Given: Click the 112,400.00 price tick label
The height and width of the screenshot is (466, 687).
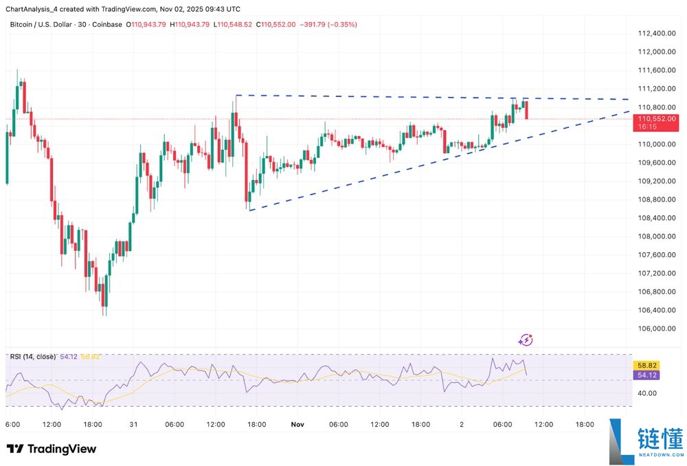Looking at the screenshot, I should point(655,33).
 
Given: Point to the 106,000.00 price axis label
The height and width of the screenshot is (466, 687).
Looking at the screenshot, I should point(655,328).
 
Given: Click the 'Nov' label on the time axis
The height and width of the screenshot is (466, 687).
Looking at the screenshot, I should point(297,425).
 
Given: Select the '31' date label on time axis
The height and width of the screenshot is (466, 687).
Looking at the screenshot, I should point(134,425).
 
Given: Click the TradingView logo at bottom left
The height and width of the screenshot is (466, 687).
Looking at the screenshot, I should point(52,449).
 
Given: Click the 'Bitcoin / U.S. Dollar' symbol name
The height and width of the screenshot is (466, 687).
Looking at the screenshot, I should point(43,24).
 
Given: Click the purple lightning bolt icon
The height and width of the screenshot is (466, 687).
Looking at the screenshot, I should point(526,340).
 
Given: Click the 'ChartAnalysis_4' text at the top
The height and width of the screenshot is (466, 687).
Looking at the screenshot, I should point(33,9).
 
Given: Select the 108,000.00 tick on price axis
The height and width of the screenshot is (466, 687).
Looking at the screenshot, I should point(655,236).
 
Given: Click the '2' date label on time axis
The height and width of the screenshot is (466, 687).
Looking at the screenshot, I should point(461,425).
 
